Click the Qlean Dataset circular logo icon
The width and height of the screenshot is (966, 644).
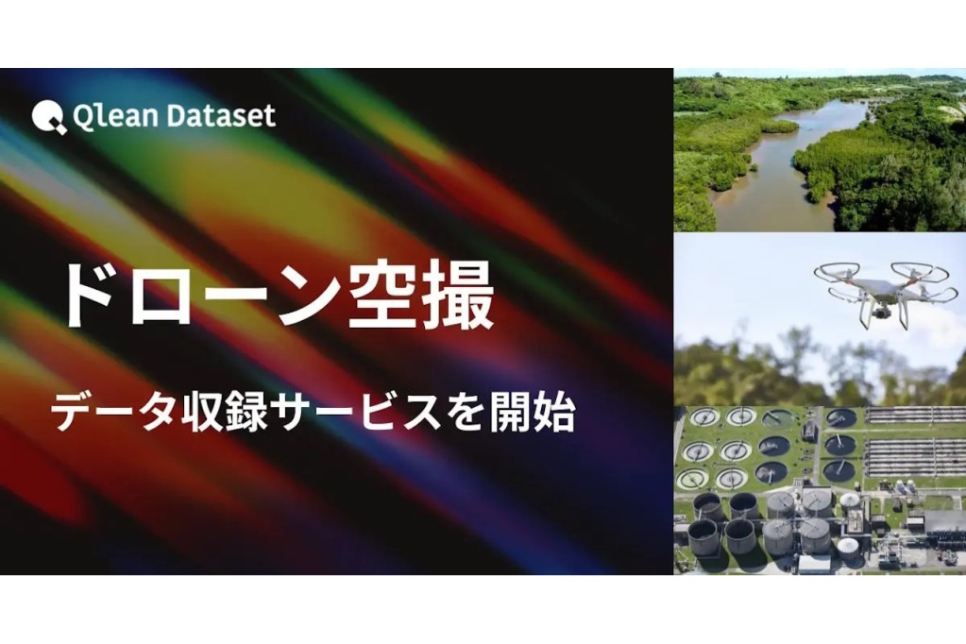click(x=49, y=116)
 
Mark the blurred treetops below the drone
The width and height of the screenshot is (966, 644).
click(x=820, y=369)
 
